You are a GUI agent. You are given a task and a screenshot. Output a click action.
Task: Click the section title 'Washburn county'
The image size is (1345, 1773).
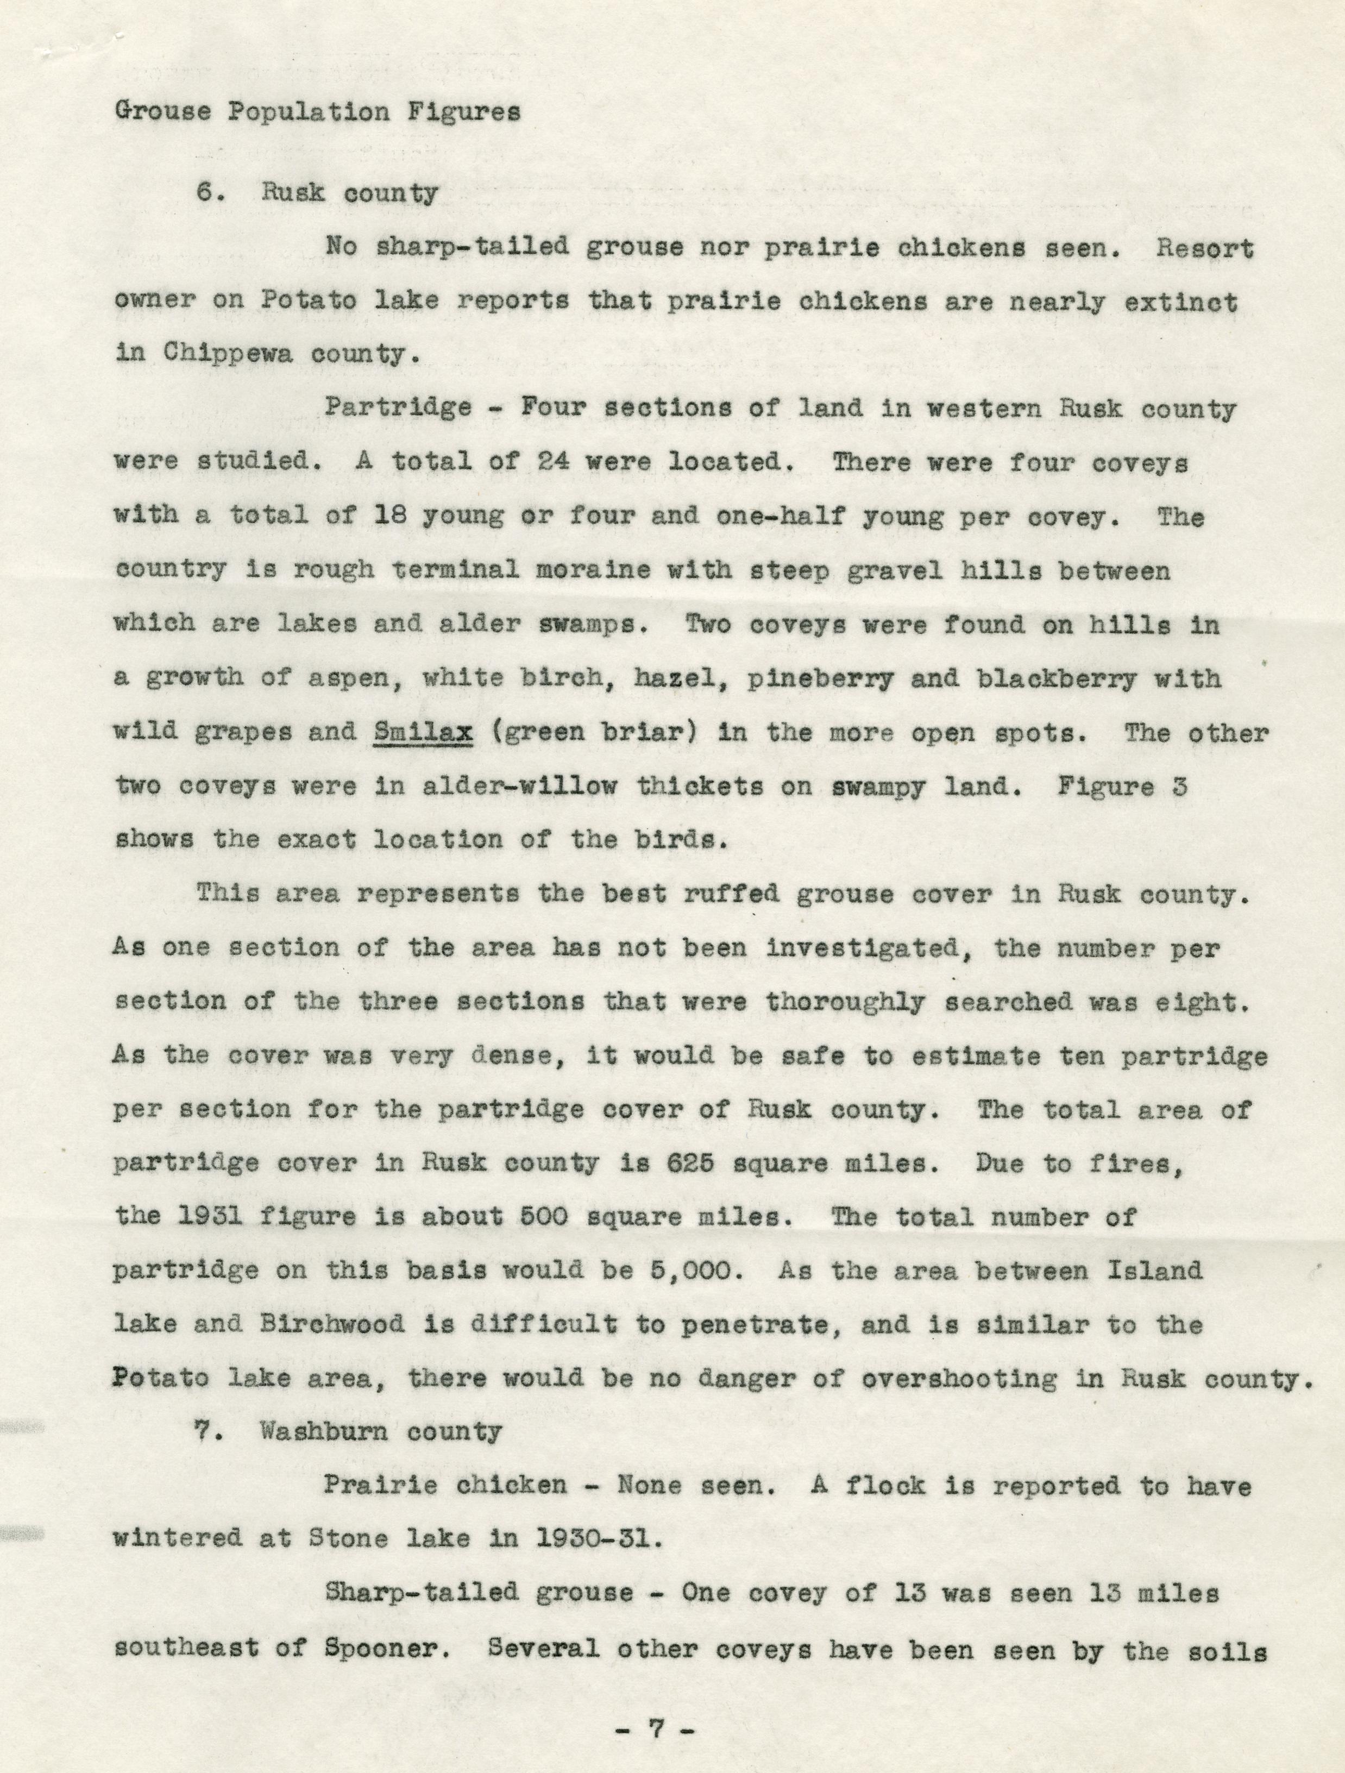coord(381,1431)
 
